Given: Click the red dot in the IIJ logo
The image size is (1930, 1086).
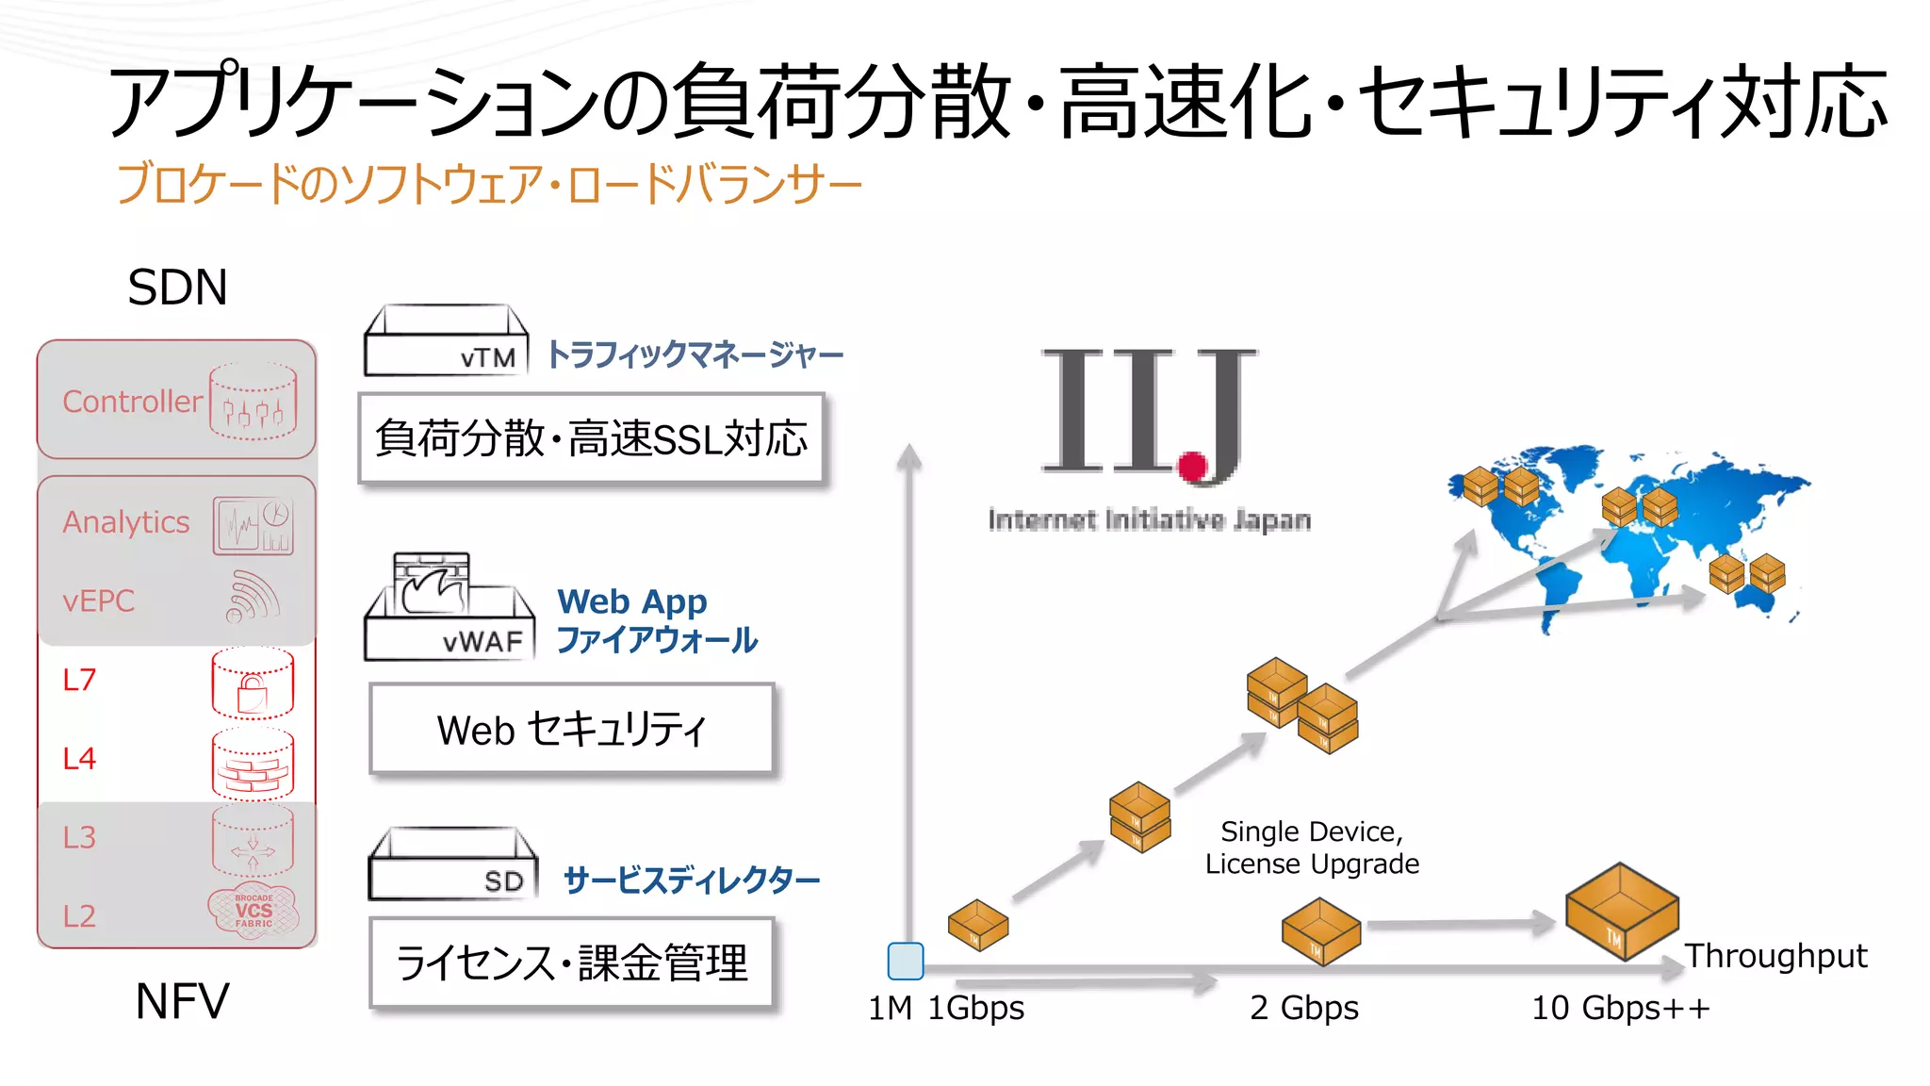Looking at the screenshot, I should click(1192, 466).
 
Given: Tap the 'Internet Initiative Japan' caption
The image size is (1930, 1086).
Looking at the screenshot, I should click(1149, 519).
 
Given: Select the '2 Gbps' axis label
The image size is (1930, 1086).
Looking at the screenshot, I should click(1304, 1008).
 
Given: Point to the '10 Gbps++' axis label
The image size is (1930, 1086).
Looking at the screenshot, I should click(1620, 1008).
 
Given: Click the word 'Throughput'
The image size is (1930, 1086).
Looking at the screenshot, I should click(1775, 956).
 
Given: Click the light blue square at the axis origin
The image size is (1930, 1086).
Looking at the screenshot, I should click(906, 961).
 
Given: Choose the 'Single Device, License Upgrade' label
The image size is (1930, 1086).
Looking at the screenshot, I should click(1312, 847).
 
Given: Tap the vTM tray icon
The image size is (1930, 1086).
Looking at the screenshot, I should click(446, 341).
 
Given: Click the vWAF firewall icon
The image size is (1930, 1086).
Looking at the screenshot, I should click(449, 608).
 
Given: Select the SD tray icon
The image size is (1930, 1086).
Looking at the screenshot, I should click(453, 864).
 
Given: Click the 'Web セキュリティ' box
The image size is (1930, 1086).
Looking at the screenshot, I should click(572, 730).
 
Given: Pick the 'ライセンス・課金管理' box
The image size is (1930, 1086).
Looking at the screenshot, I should click(571, 963).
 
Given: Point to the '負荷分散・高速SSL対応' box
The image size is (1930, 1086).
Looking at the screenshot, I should click(591, 438).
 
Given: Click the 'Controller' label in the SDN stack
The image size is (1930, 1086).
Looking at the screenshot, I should click(132, 402).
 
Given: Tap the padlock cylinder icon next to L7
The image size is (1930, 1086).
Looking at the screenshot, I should click(253, 683).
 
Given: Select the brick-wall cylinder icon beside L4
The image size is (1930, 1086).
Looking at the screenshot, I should click(253, 764).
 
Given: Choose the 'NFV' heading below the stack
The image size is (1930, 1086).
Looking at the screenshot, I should click(182, 1001).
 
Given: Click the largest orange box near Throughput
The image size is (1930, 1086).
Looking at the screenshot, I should click(1621, 911).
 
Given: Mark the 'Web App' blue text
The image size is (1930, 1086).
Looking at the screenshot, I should click(631, 601).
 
